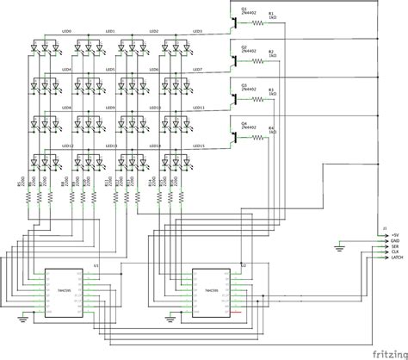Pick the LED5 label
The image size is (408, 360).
110,70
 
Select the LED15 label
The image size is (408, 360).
196,146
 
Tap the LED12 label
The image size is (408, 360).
67,146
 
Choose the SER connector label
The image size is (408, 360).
395,246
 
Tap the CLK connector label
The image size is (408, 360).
395,251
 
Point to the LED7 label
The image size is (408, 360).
196,70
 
